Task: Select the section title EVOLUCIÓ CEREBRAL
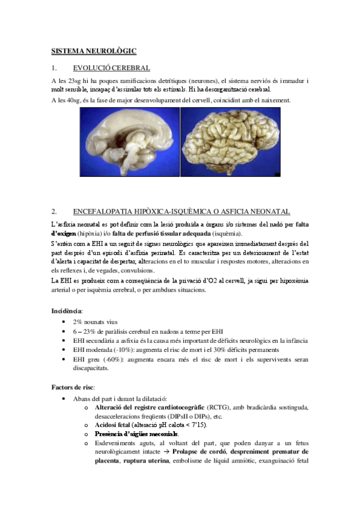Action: [111, 68]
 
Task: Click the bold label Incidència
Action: [67, 311]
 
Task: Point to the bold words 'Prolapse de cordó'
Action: [207, 451]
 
